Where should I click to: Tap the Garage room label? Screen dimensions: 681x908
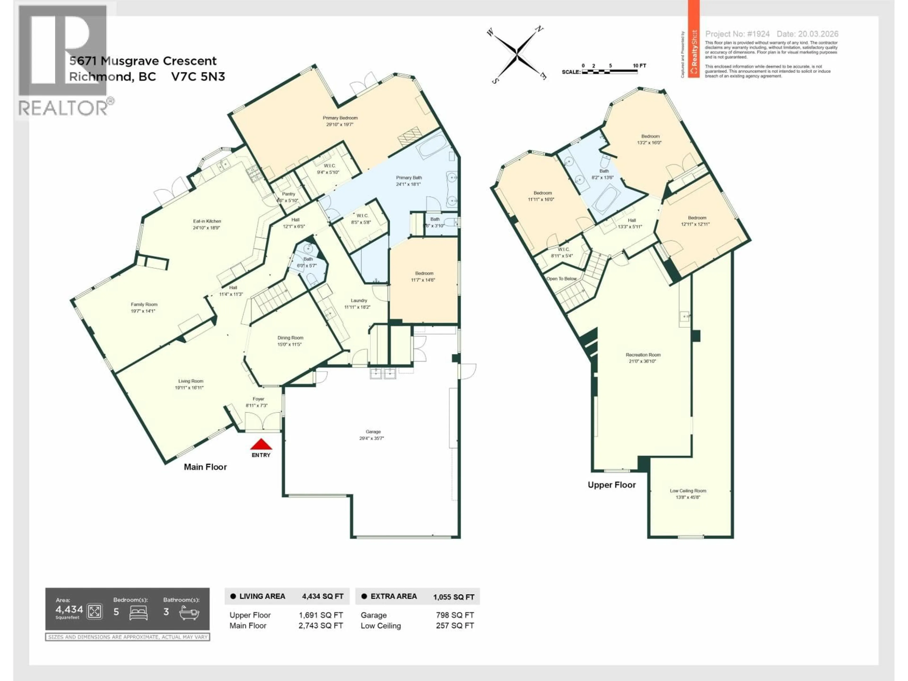coord(373,432)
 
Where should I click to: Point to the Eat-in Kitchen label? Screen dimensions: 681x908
coord(207,221)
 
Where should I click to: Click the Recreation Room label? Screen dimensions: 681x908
coord(643,355)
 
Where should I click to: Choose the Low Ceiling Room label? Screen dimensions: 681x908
coord(688,491)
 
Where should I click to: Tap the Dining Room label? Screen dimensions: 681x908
coord(290,338)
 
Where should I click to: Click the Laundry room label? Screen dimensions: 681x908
coord(359,301)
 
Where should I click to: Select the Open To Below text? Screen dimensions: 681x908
coord(561,279)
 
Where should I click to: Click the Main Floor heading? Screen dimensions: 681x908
coord(205,467)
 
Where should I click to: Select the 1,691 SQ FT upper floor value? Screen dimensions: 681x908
coord(321,615)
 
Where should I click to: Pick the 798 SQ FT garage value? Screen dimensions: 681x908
coord(455,615)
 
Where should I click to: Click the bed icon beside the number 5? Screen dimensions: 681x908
coord(138,612)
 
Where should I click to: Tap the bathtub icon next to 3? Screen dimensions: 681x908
coord(189,612)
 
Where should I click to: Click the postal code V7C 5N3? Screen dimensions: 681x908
coord(198,77)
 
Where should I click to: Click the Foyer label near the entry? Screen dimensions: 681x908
coord(258,399)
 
